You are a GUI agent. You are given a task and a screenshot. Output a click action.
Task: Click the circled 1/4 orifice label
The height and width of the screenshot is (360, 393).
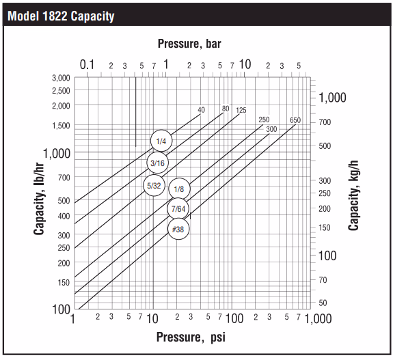click(161, 141)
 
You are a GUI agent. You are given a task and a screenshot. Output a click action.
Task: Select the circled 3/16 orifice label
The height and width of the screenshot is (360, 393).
click(157, 163)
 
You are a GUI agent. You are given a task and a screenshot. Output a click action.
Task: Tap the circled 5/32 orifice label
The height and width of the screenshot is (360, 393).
click(153, 185)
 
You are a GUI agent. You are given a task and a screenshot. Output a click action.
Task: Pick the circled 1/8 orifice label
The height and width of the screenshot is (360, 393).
click(178, 189)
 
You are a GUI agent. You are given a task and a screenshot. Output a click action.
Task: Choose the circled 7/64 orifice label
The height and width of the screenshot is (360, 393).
click(178, 208)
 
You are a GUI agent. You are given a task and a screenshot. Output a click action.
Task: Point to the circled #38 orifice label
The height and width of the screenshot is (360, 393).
click(178, 230)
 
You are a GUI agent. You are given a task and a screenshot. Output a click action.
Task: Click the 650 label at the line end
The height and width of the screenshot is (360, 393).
click(295, 120)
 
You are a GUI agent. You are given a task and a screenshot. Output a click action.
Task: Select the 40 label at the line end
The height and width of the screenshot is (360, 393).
click(202, 109)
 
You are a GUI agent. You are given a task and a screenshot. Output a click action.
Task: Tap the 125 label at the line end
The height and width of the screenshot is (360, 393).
click(241, 109)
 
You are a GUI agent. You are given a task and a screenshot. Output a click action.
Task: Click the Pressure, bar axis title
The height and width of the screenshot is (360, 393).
click(189, 44)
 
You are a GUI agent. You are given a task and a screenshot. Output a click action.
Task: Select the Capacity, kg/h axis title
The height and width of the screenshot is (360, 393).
click(353, 193)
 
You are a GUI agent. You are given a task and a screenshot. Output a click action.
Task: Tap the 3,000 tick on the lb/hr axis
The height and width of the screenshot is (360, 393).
click(61, 77)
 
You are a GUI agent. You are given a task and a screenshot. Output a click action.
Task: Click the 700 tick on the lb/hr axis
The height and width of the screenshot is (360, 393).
click(64, 177)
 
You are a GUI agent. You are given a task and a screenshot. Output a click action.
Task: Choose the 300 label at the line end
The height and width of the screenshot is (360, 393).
click(271, 129)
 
